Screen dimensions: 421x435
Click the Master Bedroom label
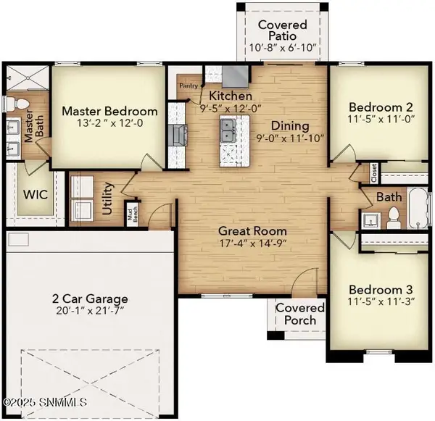click(x=109, y=112)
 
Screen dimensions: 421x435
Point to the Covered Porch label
click(x=301, y=314)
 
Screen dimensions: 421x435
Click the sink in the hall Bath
click(x=373, y=218)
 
